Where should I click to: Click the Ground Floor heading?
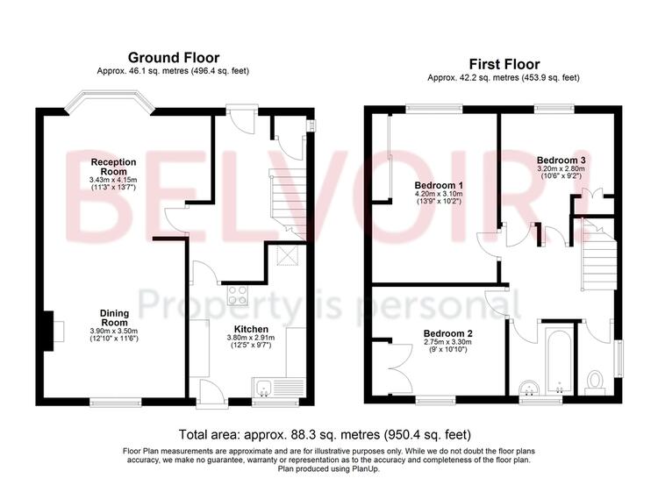[174, 58]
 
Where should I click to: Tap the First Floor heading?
[504, 64]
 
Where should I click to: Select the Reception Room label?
[114, 167]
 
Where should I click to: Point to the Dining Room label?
[114, 317]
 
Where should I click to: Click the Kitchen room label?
[251, 330]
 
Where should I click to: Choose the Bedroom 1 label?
[439, 185]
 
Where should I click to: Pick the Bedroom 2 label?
[447, 333]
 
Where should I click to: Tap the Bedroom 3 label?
[561, 161]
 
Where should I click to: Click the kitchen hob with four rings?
[238, 295]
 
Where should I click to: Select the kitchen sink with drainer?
[279, 388]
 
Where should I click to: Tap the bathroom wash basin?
[529, 389]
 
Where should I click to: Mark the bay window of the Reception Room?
[109, 101]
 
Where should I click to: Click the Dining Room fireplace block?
[48, 331]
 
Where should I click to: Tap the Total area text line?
[325, 435]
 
